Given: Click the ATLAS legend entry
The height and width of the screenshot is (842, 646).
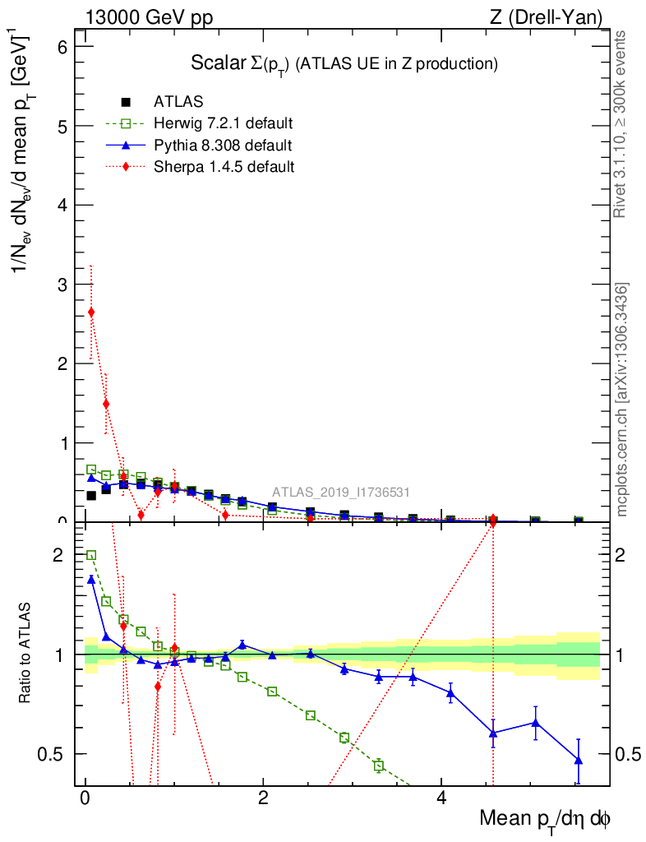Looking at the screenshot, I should [178, 102].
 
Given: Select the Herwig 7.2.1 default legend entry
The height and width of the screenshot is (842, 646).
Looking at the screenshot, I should [223, 124].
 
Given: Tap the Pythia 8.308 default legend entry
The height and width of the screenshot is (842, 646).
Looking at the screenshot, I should [222, 146].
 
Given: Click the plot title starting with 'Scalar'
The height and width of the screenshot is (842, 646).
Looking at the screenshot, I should [344, 63].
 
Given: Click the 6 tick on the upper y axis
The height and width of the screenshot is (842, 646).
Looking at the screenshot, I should [63, 47].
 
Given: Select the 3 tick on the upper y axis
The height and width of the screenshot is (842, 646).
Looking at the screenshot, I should [63, 285].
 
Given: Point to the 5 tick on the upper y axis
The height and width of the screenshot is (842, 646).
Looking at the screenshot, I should [63, 126].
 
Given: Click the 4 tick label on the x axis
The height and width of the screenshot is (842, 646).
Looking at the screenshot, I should [441, 799].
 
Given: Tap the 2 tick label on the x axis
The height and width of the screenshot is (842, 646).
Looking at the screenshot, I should [263, 799].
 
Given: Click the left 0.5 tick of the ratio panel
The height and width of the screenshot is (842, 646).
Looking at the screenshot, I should [56, 754].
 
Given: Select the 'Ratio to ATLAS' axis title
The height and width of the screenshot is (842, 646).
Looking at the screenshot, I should [25, 655].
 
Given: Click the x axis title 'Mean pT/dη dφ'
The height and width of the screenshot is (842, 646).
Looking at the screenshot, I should [545, 819].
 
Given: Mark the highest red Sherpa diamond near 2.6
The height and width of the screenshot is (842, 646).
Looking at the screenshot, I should [91, 312].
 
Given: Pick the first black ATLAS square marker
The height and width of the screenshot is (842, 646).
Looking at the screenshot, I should [91, 495].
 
